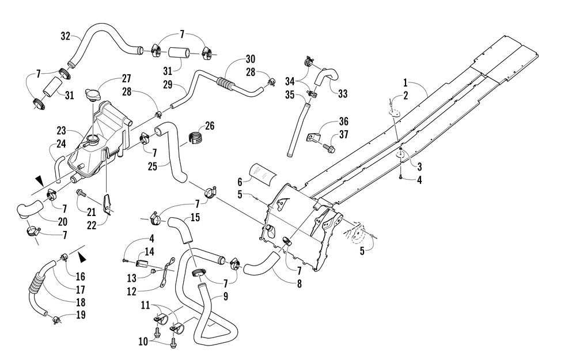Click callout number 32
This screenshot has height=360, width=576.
pos(66,36)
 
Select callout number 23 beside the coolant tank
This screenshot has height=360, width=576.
pos(62,130)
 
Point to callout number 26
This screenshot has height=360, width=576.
pos(210,126)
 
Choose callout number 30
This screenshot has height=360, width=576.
pos(251,59)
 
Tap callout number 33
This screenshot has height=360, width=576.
pos(343,94)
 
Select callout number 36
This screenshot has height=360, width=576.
pos(344,121)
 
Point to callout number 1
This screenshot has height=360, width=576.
pos(406,82)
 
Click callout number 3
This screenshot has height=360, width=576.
pos(419,166)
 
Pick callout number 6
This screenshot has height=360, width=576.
pos(240,181)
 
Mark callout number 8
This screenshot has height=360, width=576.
pos(300,283)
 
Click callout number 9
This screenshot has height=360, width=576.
pos(226,296)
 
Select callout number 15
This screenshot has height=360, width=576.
pos(195,218)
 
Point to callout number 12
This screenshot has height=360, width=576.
pos(131,291)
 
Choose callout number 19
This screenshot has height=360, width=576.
pos(81,315)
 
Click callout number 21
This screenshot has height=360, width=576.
pos(91,212)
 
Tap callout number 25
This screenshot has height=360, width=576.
pos(153,166)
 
